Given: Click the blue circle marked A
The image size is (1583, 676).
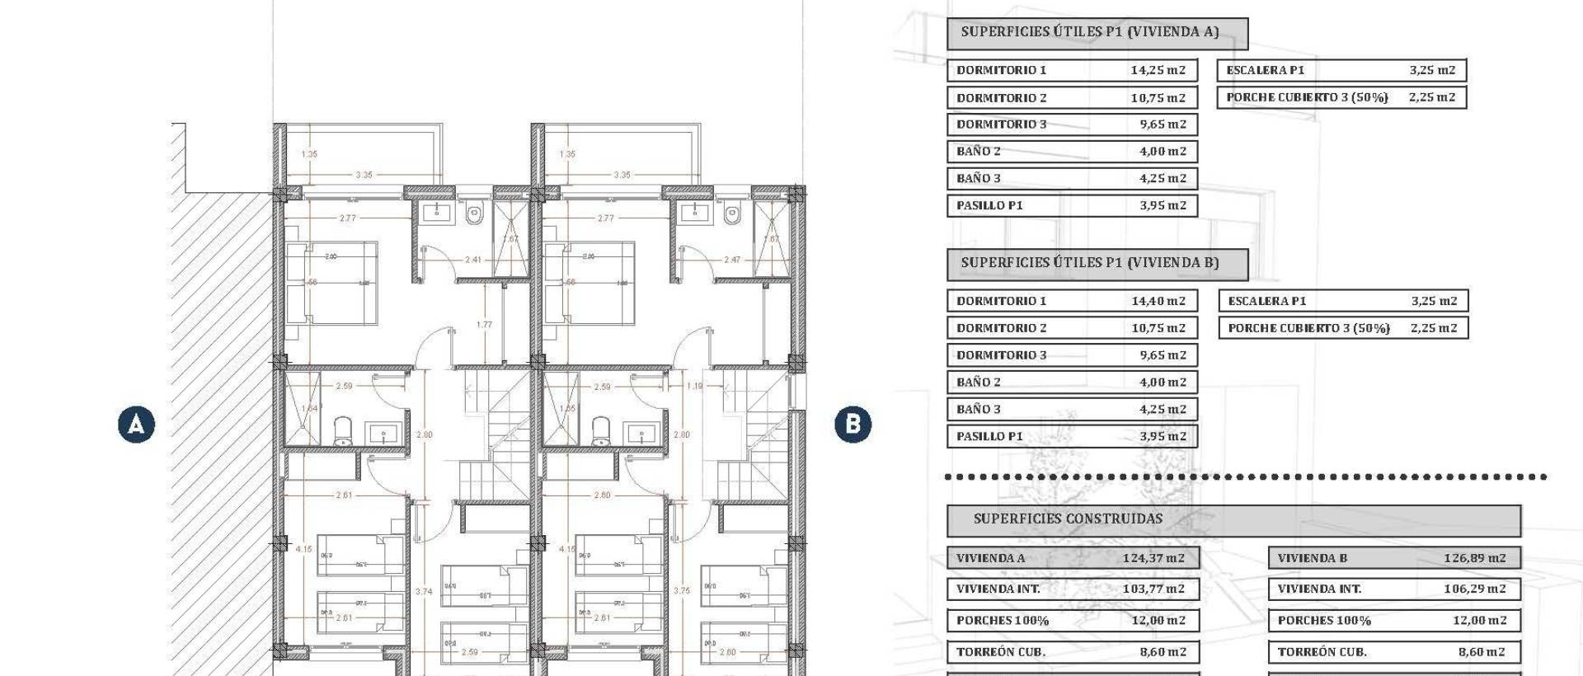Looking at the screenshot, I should pyautogui.click(x=136, y=425).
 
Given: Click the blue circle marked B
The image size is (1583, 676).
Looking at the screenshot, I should pyautogui.click(x=853, y=425).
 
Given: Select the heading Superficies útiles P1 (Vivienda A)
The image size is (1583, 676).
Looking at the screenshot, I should pyautogui.click(x=1089, y=32).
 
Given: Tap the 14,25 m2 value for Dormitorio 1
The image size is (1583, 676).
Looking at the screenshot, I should pyautogui.click(x=1158, y=70).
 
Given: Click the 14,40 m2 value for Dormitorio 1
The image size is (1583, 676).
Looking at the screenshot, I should pyautogui.click(x=1158, y=301).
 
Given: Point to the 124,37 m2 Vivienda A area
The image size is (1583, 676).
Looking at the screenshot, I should pyautogui.click(x=1153, y=558).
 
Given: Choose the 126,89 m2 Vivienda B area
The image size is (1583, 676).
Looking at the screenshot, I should pyautogui.click(x=1474, y=558).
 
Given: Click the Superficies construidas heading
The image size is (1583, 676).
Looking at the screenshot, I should pyautogui.click(x=1068, y=519).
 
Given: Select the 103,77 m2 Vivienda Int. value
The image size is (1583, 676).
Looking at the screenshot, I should pyautogui.click(x=1153, y=589).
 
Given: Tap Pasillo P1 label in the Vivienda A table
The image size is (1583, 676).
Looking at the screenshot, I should pyautogui.click(x=989, y=205).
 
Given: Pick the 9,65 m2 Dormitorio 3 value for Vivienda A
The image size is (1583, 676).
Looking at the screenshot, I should pyautogui.click(x=1163, y=124).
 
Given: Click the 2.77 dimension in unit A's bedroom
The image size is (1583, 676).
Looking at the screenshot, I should pyautogui.click(x=348, y=218).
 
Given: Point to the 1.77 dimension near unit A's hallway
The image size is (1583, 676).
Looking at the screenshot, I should pyautogui.click(x=484, y=325).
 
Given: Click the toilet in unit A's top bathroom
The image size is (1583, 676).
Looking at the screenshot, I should pyautogui.click(x=473, y=215).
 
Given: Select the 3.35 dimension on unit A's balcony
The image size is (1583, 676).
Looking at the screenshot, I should pyautogui.click(x=364, y=175).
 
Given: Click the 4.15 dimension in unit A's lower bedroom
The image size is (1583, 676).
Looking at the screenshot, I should pyautogui.click(x=303, y=549).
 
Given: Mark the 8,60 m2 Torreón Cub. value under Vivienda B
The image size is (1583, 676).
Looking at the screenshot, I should pyautogui.click(x=1481, y=652).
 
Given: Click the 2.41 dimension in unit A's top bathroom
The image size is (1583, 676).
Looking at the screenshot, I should pyautogui.click(x=472, y=260).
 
